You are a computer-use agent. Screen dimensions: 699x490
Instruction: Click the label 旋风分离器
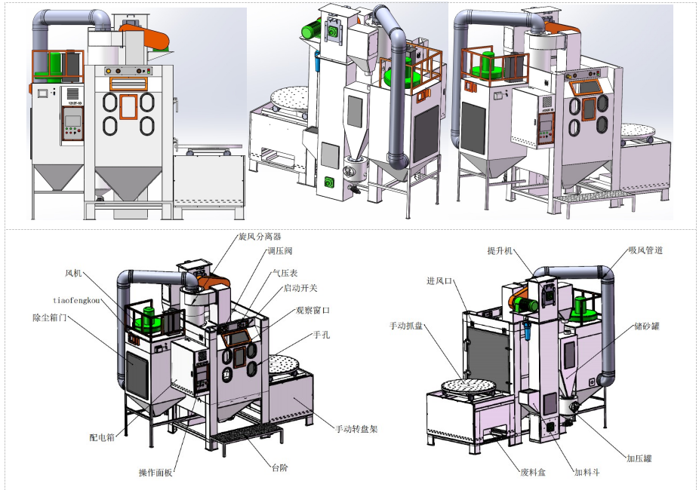(260, 236)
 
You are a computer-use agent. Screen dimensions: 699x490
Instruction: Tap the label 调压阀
(279, 251)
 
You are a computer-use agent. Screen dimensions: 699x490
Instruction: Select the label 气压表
(285, 273)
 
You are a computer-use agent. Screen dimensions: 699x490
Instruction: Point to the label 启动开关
(300, 288)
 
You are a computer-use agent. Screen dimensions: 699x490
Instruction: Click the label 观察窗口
(313, 310)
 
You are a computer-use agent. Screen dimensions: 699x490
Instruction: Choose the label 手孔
(322, 335)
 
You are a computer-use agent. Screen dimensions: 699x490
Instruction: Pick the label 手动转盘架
(356, 429)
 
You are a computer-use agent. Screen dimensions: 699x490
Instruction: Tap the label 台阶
(280, 467)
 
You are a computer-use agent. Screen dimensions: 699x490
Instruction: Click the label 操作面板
(156, 473)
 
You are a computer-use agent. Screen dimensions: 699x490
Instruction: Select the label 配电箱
(102, 437)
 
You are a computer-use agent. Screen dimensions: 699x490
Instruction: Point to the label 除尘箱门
(50, 318)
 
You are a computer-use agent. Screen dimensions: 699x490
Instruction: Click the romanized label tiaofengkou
(76, 301)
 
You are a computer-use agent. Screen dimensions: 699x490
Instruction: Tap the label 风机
(73, 273)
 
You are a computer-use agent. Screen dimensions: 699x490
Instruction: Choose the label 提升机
(500, 251)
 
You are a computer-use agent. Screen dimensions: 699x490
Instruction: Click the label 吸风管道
(645, 250)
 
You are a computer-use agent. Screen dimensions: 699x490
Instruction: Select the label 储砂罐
(647, 326)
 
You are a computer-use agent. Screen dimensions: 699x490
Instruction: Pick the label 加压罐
(639, 458)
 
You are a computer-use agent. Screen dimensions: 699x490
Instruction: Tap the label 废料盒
(533, 472)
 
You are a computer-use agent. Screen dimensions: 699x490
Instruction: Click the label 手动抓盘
(406, 326)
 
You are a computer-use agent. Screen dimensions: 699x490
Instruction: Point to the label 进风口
(439, 281)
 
